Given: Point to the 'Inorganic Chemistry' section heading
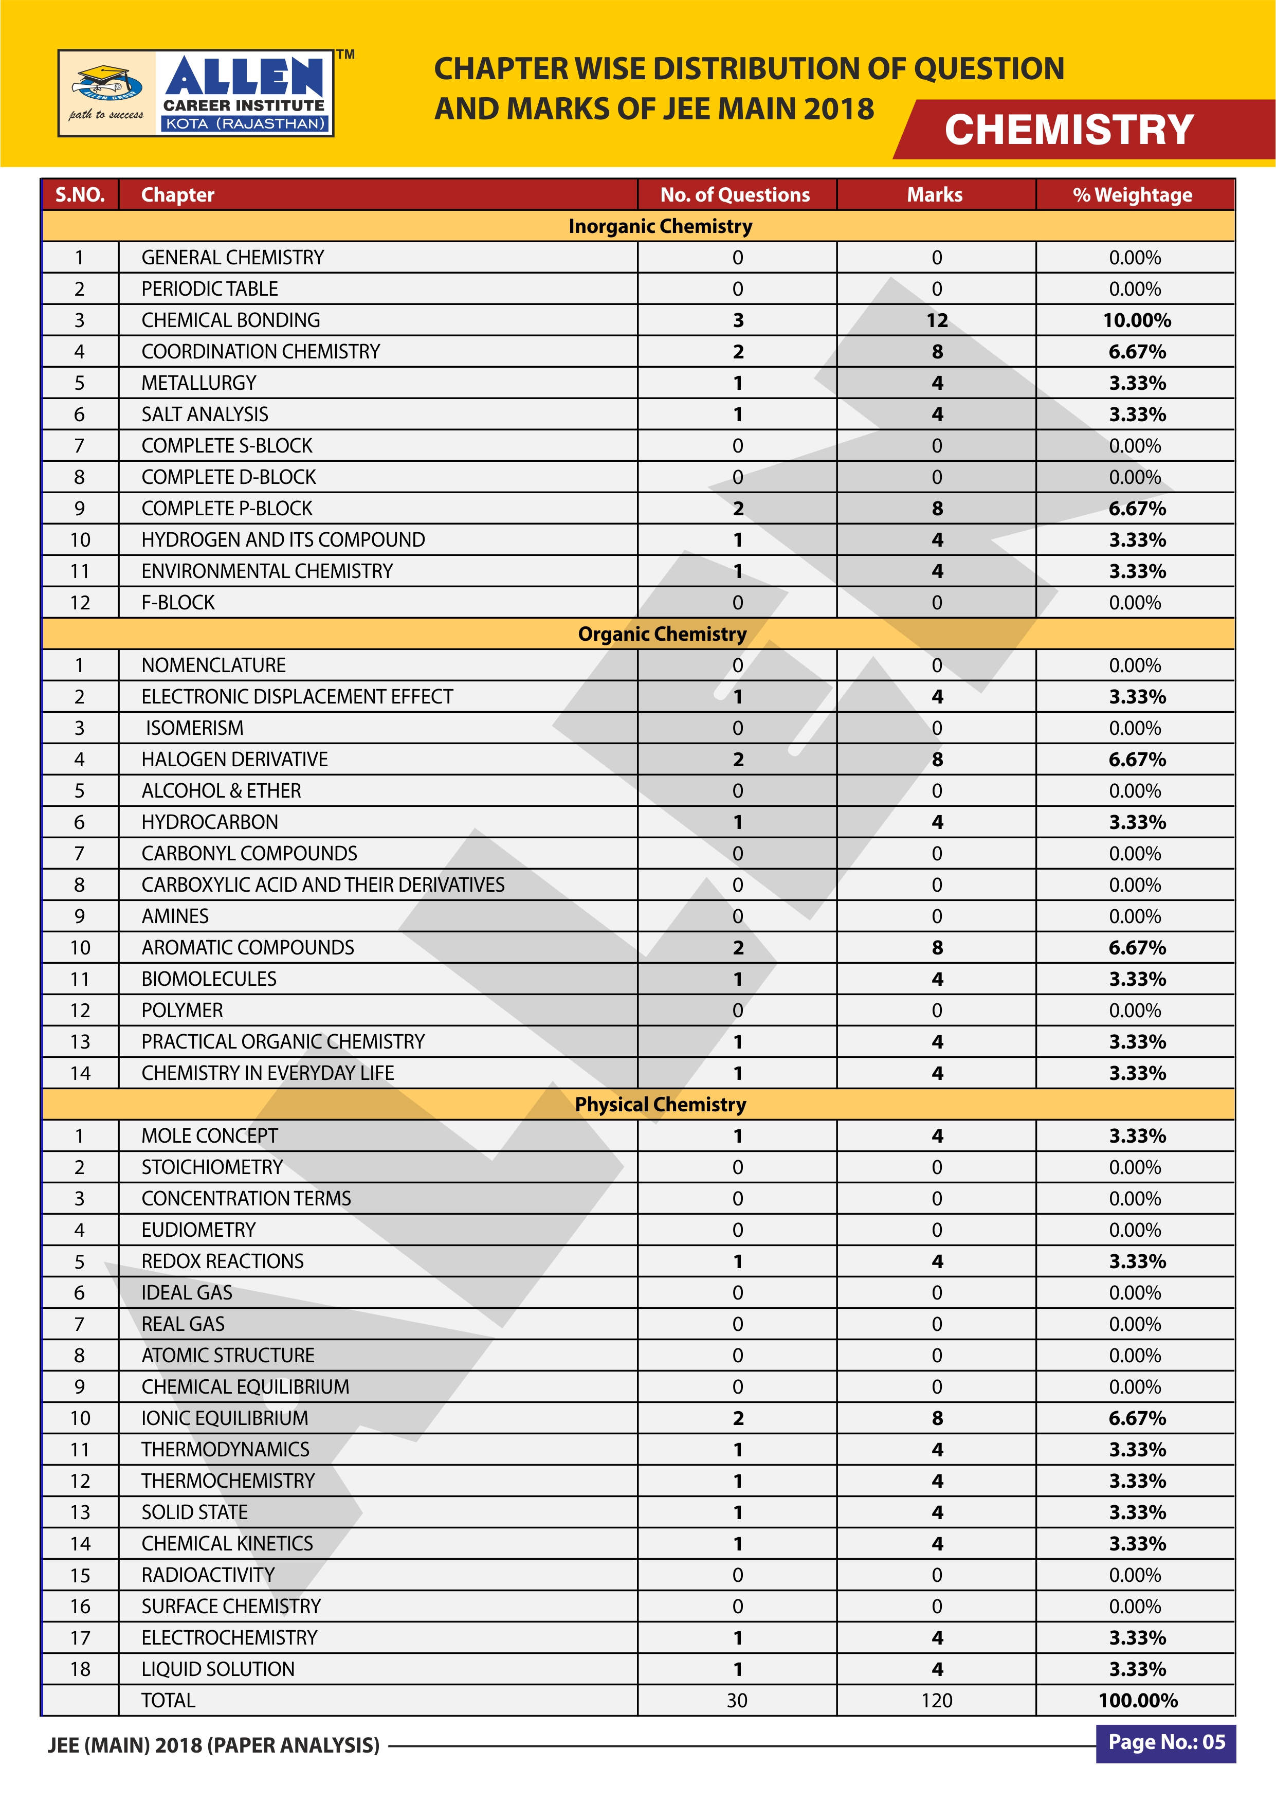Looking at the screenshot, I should (660, 226).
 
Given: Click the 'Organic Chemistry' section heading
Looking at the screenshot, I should (662, 634).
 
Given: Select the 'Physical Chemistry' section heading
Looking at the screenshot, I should (660, 1105).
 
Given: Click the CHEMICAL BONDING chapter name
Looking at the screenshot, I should (230, 320).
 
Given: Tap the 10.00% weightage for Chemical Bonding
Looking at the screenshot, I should (1136, 320).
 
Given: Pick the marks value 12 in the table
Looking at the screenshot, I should (937, 320).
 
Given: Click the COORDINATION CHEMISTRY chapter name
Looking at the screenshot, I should (260, 352).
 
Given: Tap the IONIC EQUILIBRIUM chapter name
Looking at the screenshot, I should (224, 1418).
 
